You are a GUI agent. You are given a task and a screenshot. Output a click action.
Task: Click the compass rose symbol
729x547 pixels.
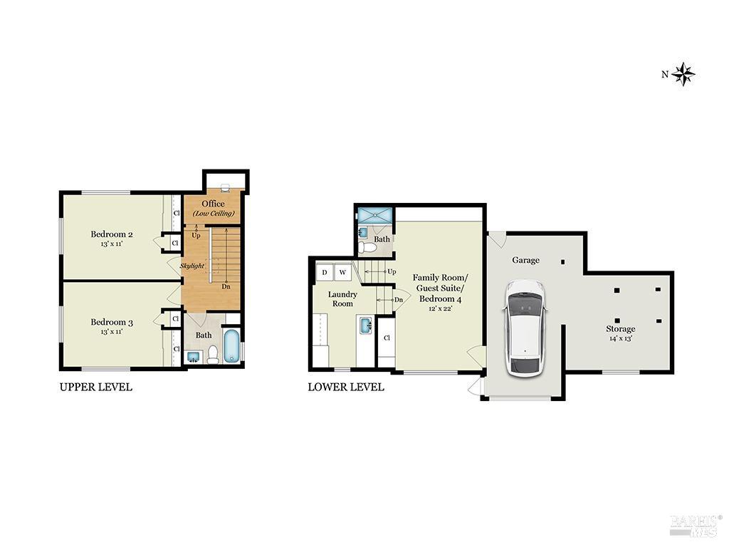[683, 73]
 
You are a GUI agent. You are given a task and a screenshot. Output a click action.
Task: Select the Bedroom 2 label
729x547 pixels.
[112, 234]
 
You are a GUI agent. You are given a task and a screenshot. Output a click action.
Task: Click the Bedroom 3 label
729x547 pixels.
[112, 322]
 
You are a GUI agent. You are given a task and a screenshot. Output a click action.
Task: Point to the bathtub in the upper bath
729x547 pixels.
[232, 346]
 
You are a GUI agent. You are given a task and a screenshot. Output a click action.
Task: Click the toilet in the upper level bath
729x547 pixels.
[213, 355]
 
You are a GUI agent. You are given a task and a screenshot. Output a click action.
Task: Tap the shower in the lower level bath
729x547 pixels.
[374, 216]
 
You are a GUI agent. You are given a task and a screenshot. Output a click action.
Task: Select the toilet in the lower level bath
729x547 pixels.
[367, 246]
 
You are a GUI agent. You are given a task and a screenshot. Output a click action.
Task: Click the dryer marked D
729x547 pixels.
[325, 272]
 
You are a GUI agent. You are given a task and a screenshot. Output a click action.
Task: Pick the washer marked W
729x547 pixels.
[342, 272]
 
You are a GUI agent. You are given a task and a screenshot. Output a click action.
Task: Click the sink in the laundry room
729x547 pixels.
[364, 326]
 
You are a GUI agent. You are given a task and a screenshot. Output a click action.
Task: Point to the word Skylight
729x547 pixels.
[192, 266]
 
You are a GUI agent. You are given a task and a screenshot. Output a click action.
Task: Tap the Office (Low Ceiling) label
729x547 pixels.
[213, 208]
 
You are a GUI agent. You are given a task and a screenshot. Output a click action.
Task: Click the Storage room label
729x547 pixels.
[620, 329]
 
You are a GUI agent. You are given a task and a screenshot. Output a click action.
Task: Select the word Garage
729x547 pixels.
[525, 260]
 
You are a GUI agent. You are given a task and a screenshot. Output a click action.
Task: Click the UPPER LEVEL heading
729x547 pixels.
[95, 387]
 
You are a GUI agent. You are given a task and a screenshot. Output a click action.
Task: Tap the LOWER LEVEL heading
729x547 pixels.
[345, 387]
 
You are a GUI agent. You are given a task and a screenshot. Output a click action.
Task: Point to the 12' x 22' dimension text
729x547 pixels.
[440, 308]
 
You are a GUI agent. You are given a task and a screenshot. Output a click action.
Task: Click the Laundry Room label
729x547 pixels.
[342, 298]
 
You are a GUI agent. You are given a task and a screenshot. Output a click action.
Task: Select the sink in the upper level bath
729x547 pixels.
[192, 355]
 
